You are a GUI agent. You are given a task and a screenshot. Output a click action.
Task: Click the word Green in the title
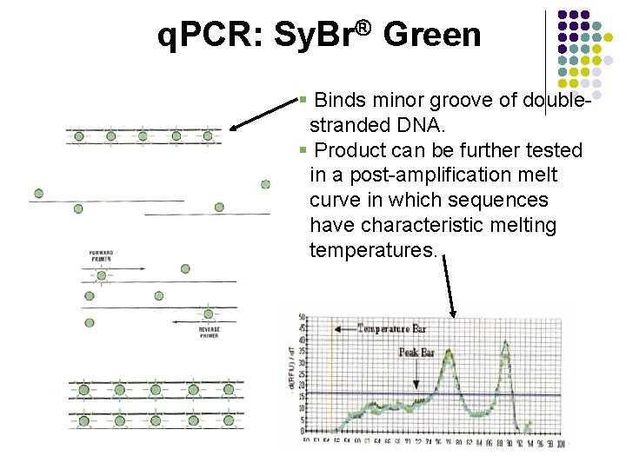click(x=431, y=36)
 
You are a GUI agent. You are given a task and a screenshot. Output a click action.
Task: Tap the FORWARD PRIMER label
click(x=102, y=256)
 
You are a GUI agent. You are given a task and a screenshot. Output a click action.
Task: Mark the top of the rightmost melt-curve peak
click(x=505, y=342)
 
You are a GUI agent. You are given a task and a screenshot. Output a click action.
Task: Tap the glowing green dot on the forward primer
click(x=102, y=276)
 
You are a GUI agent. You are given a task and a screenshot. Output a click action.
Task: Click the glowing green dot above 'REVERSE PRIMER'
click(x=209, y=314)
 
